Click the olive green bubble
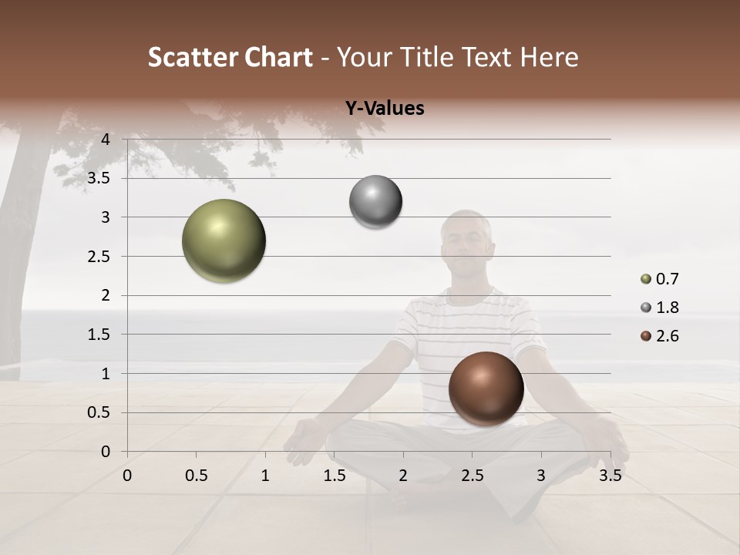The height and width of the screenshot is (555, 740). [x=224, y=240]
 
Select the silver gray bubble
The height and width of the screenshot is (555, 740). [x=375, y=202]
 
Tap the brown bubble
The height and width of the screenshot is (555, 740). [x=486, y=388]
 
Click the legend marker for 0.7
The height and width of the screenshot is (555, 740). [x=646, y=279]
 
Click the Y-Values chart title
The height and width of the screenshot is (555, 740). [x=384, y=109]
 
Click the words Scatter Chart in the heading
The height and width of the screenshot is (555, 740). [x=230, y=57]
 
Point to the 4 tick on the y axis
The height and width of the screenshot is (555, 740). [x=106, y=140]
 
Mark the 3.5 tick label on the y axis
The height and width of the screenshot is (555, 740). [x=99, y=178]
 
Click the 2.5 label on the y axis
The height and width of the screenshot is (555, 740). [x=99, y=257]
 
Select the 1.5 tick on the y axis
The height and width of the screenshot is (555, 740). [x=99, y=335]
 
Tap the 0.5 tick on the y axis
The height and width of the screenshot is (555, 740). [x=99, y=412]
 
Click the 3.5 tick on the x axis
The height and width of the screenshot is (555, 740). [x=610, y=476]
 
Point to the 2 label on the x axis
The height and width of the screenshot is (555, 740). [x=403, y=476]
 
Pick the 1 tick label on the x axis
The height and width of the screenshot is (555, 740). [x=265, y=476]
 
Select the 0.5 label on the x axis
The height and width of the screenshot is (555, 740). [x=196, y=476]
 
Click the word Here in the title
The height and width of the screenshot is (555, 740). [x=549, y=57]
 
